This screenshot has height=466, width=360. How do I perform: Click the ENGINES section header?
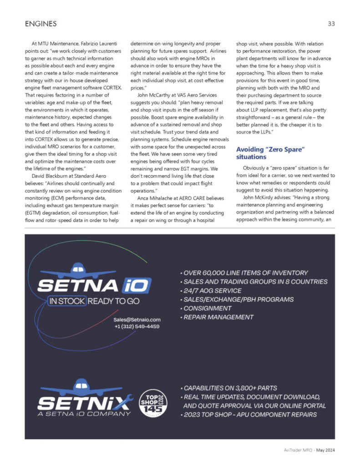pos(41,23)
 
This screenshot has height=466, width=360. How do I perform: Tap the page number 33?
pos(331,23)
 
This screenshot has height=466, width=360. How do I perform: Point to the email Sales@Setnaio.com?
pos(137,319)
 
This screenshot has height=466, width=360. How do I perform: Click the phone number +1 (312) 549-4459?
pos(137,326)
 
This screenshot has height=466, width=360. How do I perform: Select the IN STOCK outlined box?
pos(67,301)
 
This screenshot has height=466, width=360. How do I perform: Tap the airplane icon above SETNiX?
pos(81,386)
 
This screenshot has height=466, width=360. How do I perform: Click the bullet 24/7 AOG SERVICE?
pos(212,290)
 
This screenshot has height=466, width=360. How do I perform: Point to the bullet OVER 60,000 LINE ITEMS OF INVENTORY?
pos(244,273)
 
